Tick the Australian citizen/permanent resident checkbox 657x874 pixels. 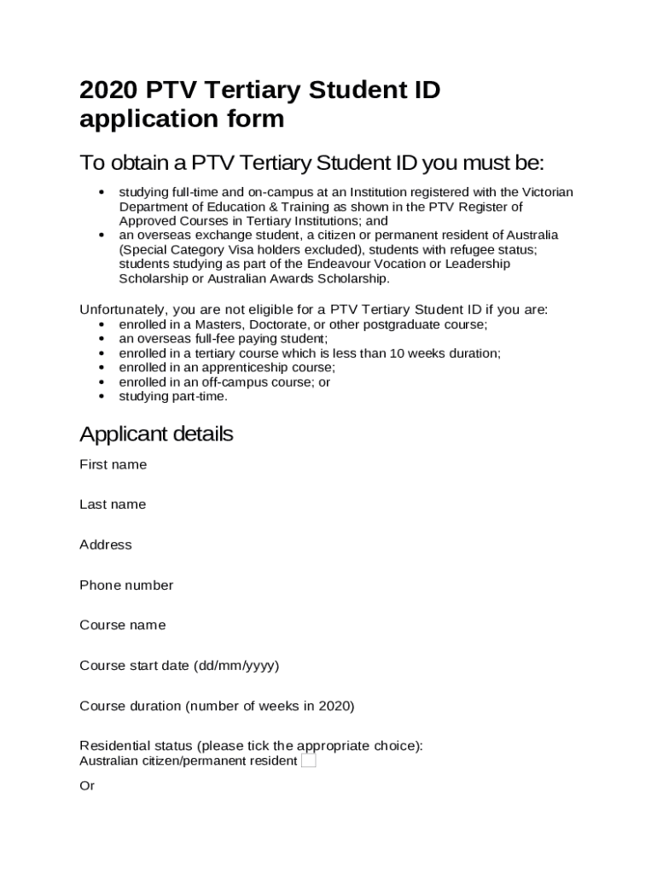click(308, 760)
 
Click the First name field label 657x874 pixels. click(113, 464)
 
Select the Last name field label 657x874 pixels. click(113, 504)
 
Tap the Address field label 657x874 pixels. click(106, 545)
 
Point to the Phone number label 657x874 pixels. click(126, 585)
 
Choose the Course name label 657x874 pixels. click(123, 625)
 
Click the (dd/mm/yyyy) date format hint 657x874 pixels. click(236, 665)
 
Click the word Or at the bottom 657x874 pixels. click(87, 785)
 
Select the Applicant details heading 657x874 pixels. click(156, 434)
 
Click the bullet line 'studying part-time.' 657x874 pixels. click(173, 396)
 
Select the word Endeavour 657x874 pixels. click(309, 264)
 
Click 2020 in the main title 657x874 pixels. click(108, 90)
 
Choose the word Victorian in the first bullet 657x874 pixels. click(546, 192)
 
